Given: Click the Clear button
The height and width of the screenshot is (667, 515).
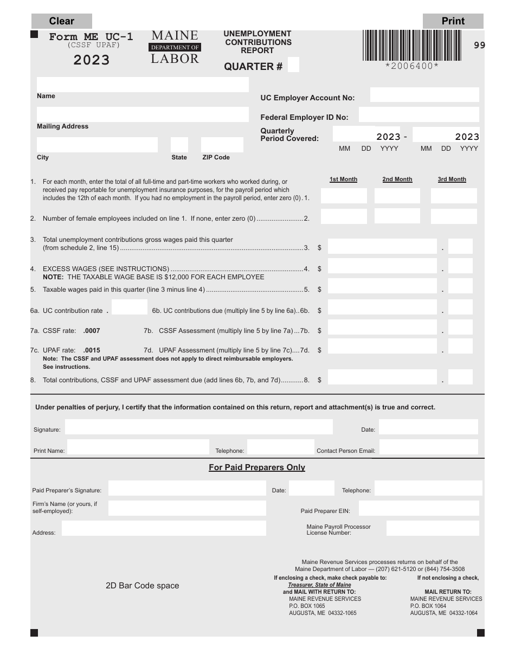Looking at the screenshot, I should click(61, 21).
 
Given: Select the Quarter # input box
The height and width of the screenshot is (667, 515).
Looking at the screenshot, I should click(293, 65).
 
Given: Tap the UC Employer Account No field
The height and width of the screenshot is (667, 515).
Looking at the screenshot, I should click(424, 95).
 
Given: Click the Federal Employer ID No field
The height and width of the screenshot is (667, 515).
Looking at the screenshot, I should click(419, 114).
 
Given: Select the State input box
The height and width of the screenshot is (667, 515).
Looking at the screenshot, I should click(179, 145).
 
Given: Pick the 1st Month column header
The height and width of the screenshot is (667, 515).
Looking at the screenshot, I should click(343, 179).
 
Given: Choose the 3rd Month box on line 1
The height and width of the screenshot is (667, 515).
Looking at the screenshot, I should click(454, 196).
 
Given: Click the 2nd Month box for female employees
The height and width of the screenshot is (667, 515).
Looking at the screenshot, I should click(397, 216).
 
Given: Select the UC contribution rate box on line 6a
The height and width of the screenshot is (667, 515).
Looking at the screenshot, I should click(130, 307).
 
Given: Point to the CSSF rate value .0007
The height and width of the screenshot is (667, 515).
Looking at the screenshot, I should click(92, 330).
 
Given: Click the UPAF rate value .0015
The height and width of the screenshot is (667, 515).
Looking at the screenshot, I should click(92, 350).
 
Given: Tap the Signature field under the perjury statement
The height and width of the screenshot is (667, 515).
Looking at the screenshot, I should click(198, 427).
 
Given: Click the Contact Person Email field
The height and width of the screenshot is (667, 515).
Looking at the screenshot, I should click(428, 447).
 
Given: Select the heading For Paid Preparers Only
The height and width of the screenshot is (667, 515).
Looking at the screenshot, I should click(257, 467).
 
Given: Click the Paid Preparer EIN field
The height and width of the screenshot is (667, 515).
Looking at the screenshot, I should click(419, 508).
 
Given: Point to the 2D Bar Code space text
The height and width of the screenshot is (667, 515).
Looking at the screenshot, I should click(142, 586).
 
